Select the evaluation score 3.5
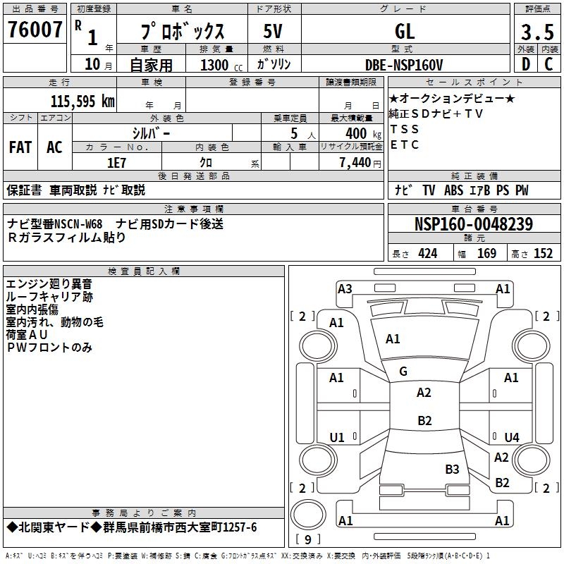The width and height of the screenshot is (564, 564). point(537,32)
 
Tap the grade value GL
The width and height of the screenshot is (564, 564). point(404,32)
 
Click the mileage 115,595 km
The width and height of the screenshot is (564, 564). point(82,102)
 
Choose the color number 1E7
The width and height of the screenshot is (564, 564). point(116,161)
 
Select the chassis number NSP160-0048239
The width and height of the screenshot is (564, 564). point(473,225)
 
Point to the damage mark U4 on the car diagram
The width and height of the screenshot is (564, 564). point(512,438)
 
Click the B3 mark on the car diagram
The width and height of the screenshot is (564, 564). point(452,469)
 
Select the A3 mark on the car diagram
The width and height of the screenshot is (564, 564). point(345,288)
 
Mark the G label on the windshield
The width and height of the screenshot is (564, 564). point(403,372)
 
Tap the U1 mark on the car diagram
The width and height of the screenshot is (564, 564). point(337,438)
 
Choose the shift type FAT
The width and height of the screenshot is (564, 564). point(20,147)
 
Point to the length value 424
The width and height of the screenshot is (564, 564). point(427,254)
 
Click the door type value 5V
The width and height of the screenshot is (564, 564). point(273,32)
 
